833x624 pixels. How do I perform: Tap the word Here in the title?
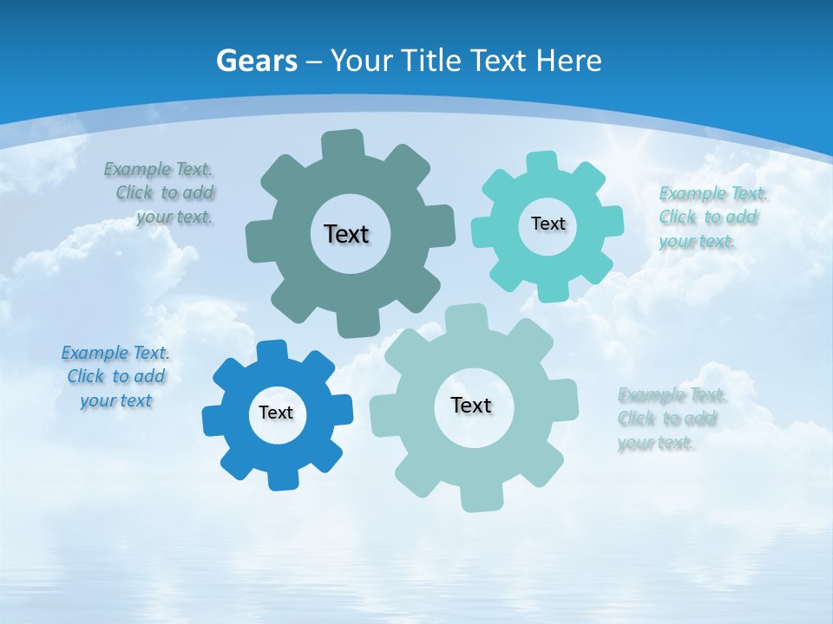pos(568,61)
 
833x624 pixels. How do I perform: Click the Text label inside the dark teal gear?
pos(346,234)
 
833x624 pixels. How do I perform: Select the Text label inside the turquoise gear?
pos(548,224)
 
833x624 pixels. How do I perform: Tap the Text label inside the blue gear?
pos(276,413)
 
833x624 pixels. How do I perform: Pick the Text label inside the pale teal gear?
pos(471,405)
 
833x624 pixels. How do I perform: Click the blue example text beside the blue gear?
pos(115,376)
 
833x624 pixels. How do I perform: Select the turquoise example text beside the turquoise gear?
pos(712,217)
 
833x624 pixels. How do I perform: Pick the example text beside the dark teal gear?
pos(163,192)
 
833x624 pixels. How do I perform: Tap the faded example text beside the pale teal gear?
pos(671,419)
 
